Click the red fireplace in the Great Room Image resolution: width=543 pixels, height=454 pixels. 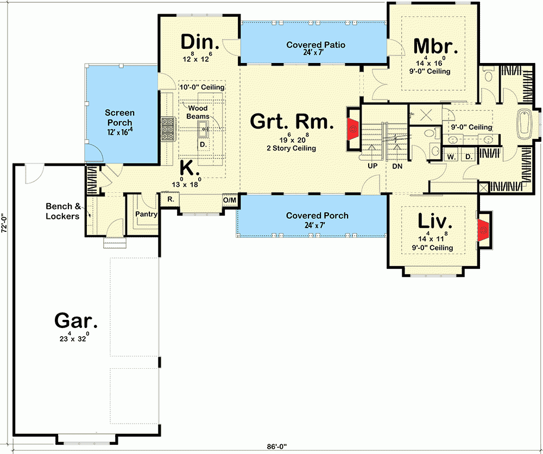tap(353, 129)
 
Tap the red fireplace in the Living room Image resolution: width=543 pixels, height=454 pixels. tap(483, 230)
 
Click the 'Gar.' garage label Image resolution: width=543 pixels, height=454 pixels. tap(76, 321)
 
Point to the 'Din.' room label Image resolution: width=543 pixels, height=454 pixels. tap(199, 42)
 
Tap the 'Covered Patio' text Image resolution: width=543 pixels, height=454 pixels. tap(316, 45)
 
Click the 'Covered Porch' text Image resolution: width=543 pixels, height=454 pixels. tap(317, 216)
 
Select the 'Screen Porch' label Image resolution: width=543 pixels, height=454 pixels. tap(119, 118)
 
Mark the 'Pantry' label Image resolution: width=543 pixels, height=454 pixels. tap(147, 214)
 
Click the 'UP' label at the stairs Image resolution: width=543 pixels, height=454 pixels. tap(372, 166)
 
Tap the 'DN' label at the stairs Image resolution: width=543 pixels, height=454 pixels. tap(397, 166)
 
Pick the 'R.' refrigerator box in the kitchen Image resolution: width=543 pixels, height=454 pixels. tap(171, 200)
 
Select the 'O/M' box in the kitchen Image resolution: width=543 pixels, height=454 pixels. tap(230, 200)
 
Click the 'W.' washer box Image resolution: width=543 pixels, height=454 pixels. tap(451, 157)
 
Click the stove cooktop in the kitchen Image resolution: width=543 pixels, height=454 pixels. tap(167, 130)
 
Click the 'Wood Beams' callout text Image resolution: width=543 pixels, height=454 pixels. tap(198, 112)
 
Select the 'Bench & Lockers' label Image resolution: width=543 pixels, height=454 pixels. tap(64, 211)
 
